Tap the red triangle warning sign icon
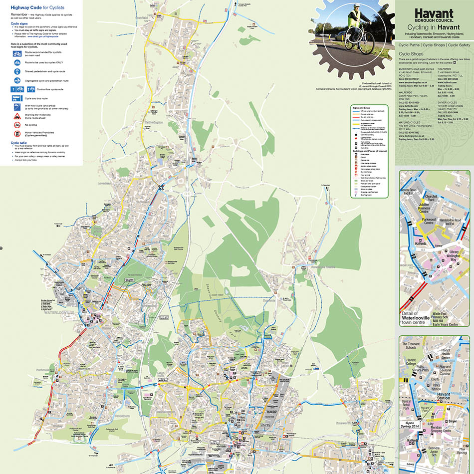click(x=17, y=115)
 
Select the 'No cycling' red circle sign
click(x=17, y=124)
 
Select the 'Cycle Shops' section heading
click(x=411, y=53)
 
